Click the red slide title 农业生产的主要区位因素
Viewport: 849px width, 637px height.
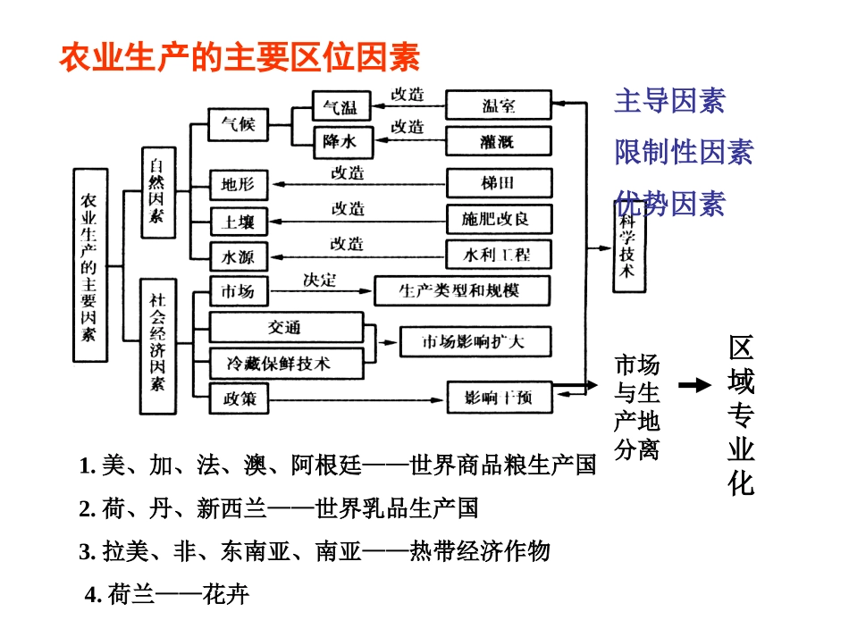[x=240, y=58]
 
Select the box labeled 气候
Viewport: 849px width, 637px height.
[x=238, y=125]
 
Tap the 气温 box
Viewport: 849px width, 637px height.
[x=340, y=106]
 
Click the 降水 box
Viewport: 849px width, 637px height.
[x=340, y=141]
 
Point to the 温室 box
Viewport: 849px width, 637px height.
[x=499, y=105]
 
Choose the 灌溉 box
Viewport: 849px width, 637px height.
[x=499, y=141]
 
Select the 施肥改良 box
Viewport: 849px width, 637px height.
[x=499, y=219]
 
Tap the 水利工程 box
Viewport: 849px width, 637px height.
[x=499, y=255]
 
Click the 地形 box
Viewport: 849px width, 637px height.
[x=238, y=185]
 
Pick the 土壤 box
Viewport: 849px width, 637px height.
[x=238, y=221]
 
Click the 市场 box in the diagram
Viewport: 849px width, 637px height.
[x=238, y=291]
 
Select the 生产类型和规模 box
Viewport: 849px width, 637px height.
[x=462, y=291]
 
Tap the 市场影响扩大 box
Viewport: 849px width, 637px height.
[x=475, y=342]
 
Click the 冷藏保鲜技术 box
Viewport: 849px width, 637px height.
[x=285, y=363]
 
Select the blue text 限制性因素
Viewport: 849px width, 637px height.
[x=684, y=152]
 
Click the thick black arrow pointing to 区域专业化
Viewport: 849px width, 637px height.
[x=694, y=385]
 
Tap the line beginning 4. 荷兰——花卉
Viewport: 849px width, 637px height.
[x=167, y=594]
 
